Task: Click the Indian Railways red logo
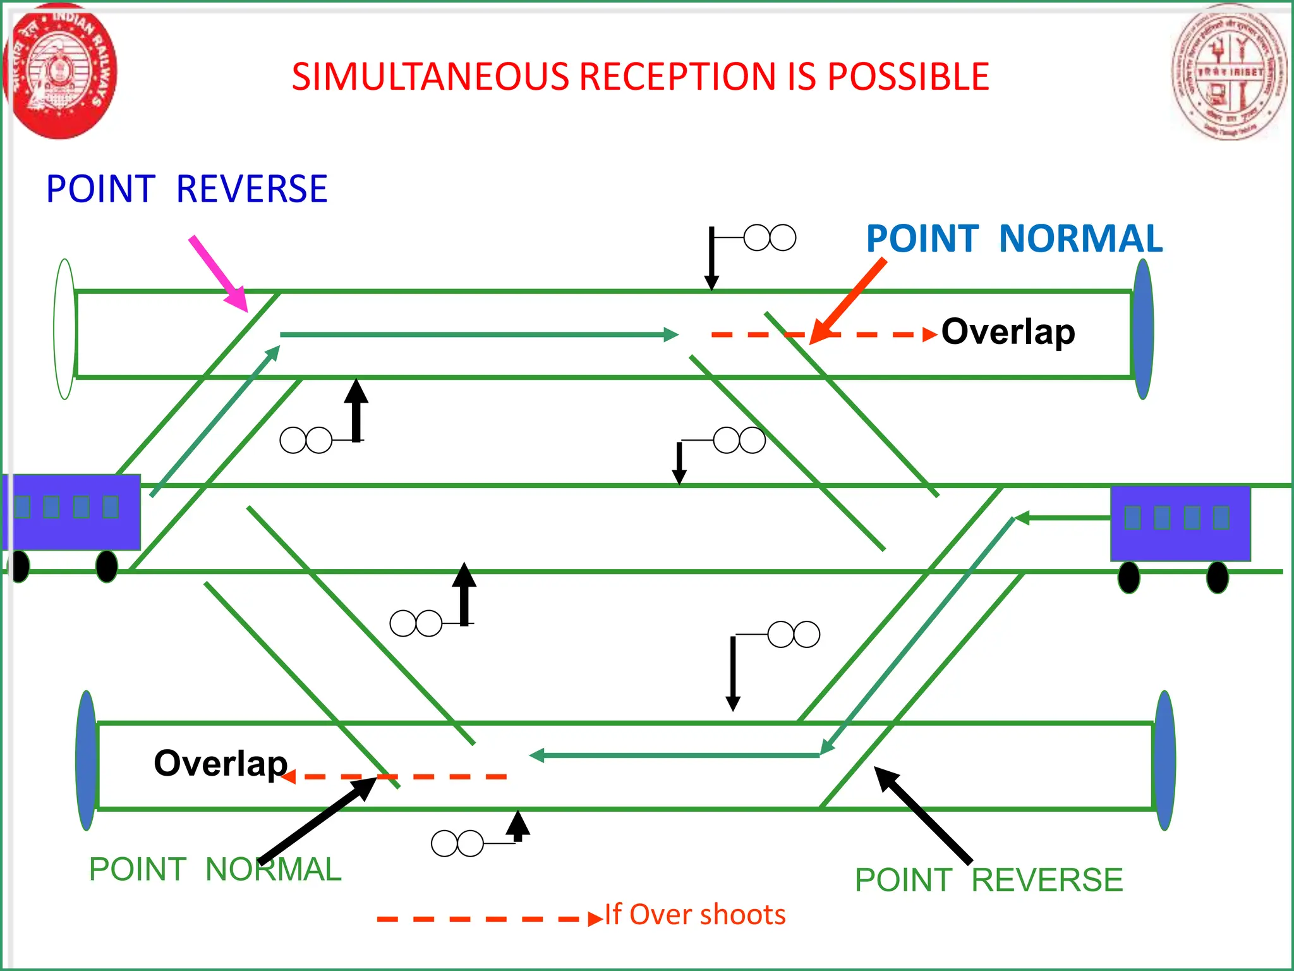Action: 60,71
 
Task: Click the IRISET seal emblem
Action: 1228,71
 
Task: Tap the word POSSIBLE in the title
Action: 908,77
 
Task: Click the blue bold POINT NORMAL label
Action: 1013,239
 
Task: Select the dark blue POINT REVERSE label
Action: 187,189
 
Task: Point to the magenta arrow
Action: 218,273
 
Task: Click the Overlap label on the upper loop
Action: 1008,332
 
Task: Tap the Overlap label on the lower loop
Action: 221,763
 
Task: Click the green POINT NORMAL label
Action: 215,869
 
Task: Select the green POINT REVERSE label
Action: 989,880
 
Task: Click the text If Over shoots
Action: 695,915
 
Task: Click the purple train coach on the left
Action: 71,512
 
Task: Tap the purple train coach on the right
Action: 1180,523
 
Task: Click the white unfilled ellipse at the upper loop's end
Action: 65,329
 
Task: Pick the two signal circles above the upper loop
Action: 770,238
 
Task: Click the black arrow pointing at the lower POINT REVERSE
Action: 922,815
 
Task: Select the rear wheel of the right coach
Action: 1217,577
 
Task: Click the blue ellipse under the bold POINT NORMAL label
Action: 1143,329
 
